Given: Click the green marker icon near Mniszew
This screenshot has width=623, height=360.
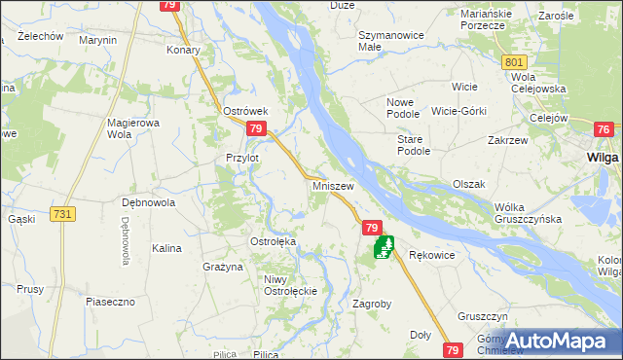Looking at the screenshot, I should pos(384,249).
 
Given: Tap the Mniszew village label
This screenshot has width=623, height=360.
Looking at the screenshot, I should pos(332,184).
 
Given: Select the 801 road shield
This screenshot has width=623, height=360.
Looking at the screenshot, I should pos(516,62).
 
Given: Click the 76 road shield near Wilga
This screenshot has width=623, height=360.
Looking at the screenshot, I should pos(603,129).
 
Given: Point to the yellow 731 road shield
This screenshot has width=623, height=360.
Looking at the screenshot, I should pos(63,214).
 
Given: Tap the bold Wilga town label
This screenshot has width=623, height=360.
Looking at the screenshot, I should pos(604,157).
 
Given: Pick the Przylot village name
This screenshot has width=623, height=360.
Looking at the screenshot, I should pos(242,158).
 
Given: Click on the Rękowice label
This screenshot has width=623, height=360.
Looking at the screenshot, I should pos(432,255).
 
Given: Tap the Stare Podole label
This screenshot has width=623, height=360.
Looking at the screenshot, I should pos(413,145).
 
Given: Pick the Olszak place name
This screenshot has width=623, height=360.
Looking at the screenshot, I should pos(469,184).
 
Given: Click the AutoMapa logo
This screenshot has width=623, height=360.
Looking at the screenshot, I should pos(554,340).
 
